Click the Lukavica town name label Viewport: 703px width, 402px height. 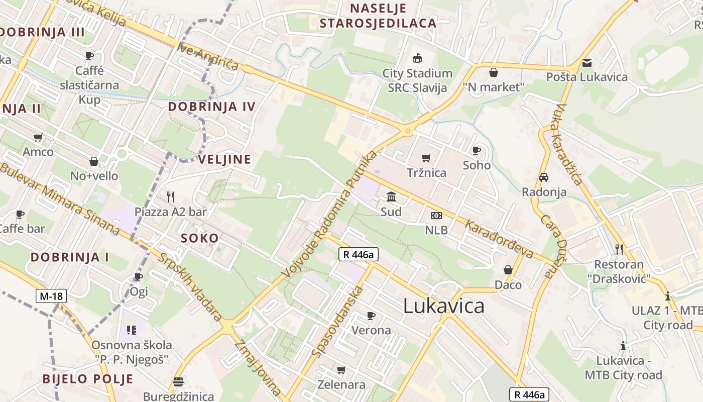(444, 306)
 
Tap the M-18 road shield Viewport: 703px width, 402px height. (51, 296)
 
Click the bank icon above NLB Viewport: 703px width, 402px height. (436, 216)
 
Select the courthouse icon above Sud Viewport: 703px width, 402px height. (391, 196)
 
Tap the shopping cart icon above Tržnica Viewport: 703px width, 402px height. (426, 158)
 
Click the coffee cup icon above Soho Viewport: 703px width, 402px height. (477, 150)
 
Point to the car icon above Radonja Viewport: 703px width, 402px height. (544, 177)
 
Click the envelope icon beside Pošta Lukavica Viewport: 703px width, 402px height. (587, 63)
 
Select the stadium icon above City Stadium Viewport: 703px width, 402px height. (417, 58)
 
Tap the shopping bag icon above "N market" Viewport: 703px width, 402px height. (494, 72)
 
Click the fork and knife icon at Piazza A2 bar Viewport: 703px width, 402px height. (171, 196)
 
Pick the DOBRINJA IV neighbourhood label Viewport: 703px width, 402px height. (211, 107)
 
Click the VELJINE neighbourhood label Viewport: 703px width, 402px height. (224, 160)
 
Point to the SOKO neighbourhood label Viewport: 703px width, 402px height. (200, 238)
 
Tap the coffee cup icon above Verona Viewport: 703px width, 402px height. (371, 316)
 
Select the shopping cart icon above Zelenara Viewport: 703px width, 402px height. (341, 370)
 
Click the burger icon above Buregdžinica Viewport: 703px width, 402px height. (178, 382)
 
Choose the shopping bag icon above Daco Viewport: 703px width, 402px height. (508, 270)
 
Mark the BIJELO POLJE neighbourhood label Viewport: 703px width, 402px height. (88, 379)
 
